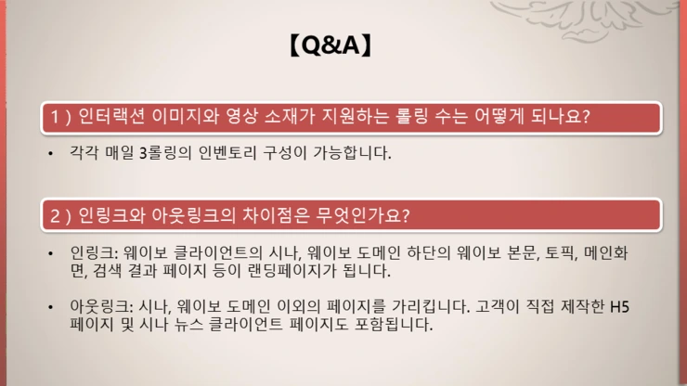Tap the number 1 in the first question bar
[x=56, y=117]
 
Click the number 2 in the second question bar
[x=56, y=215]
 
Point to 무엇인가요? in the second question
[x=366, y=215]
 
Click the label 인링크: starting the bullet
[x=95, y=253]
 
